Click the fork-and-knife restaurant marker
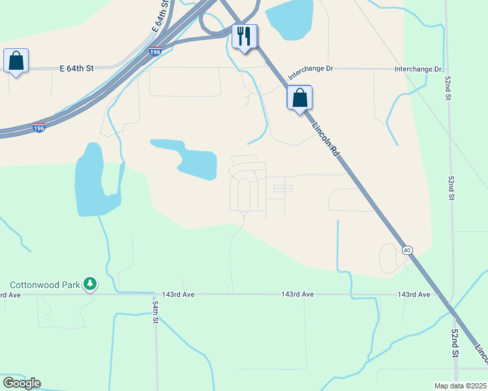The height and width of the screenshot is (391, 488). coord(245,36)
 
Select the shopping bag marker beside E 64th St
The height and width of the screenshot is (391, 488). coord(16,61)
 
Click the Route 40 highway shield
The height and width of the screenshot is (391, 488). coord(407,250)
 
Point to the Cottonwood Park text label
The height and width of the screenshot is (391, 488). coord(44,285)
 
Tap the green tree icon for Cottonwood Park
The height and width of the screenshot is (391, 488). coord(90,284)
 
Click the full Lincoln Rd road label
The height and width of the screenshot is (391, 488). coord(326,140)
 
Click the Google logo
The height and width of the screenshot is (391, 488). coord(22,383)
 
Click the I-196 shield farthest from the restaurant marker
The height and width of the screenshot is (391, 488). coord(39,128)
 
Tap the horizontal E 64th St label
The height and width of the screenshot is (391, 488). coord(77,68)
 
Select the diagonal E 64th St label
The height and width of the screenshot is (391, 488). coord(160,17)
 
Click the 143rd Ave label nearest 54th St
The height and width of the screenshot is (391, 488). coord(179,295)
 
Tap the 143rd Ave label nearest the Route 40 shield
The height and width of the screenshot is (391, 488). coord(414,295)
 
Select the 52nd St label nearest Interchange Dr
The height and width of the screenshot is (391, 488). coord(449,83)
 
